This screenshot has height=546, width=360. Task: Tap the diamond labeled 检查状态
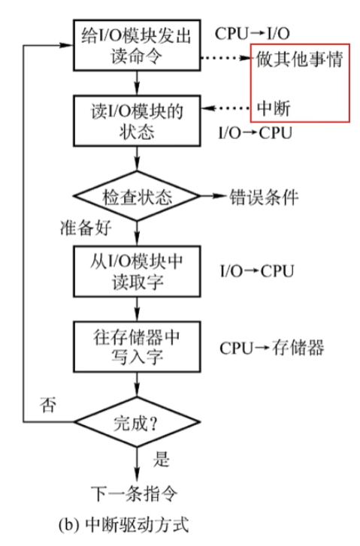(x=136, y=198)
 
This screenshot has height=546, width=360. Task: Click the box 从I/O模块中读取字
(x=135, y=270)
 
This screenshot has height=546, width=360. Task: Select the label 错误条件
(x=265, y=198)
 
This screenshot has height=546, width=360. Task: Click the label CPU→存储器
(x=271, y=348)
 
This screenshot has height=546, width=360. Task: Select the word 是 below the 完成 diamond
(x=161, y=457)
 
